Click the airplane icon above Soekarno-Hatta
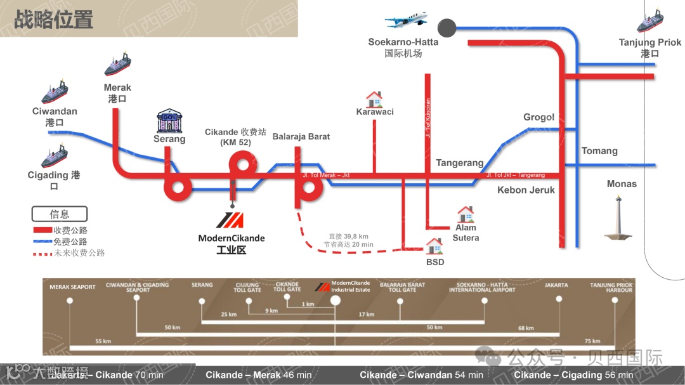[406, 20]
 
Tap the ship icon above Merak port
[117, 65]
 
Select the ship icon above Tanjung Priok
[650, 22]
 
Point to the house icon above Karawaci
[374, 99]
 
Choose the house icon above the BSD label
[434, 245]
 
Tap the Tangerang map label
[460, 163]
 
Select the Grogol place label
[539, 117]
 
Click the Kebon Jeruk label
[526, 190]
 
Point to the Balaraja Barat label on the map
[301, 136]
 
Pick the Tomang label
[599, 151]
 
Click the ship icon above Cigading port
[55, 156]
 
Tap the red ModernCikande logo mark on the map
[230, 221]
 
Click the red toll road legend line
[42, 230]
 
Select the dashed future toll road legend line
[42, 253]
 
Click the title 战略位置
[54, 20]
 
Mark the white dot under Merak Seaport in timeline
[70, 301]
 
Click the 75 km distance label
[592, 341]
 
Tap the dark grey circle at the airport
[447, 28]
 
